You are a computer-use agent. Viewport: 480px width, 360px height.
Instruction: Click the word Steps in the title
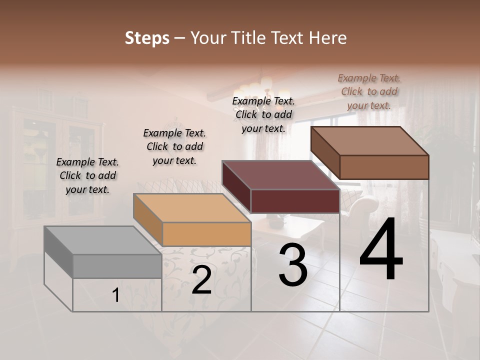click(146, 38)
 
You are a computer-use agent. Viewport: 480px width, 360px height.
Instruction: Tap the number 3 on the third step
click(293, 265)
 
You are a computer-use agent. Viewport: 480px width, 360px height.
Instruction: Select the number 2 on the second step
click(201, 280)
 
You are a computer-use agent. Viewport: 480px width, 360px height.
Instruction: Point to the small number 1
click(115, 295)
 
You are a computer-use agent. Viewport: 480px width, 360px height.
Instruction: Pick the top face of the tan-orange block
click(191, 207)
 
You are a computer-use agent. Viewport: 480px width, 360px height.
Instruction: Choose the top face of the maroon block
click(280, 175)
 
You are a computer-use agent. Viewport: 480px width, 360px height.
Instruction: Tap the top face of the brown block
click(369, 140)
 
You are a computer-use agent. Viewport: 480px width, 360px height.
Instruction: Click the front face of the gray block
click(117, 266)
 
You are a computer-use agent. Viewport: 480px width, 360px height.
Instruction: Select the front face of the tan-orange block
click(206, 234)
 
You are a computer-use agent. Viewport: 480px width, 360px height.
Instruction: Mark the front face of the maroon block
click(295, 201)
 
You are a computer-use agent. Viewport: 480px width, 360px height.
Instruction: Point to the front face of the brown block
click(384, 167)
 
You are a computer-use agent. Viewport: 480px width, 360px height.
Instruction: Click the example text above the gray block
click(87, 175)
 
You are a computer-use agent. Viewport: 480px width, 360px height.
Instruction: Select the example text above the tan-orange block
click(174, 146)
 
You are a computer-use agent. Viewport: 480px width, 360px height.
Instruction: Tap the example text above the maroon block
click(263, 114)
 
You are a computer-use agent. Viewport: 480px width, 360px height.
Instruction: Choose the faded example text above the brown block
click(369, 91)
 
